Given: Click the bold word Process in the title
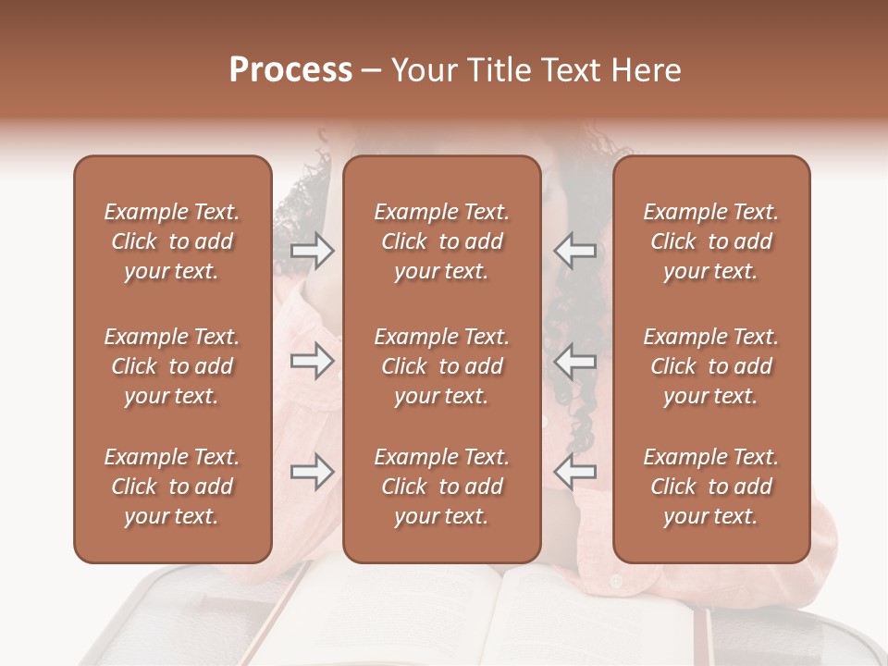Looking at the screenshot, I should tap(290, 69).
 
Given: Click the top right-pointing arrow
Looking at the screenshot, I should tap(312, 250).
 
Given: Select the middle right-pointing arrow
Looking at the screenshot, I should tap(312, 361).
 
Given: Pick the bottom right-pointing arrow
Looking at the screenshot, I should tap(312, 472).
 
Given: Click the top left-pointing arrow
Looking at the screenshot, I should tap(575, 250).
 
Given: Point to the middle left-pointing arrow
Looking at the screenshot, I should tap(575, 361).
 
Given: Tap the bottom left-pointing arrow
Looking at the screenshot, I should tap(575, 472).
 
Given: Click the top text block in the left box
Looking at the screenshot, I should tap(172, 241).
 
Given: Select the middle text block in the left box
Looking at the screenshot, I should tap(172, 366).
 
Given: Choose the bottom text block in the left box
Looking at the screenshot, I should tap(172, 487).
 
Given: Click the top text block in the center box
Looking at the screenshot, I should tap(442, 241).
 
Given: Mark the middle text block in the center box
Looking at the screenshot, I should tap(442, 366).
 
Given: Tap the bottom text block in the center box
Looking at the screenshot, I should tap(442, 487).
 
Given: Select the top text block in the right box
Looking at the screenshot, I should tap(711, 241).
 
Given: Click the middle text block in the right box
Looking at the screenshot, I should tap(711, 366).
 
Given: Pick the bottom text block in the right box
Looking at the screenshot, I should tap(711, 487).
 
